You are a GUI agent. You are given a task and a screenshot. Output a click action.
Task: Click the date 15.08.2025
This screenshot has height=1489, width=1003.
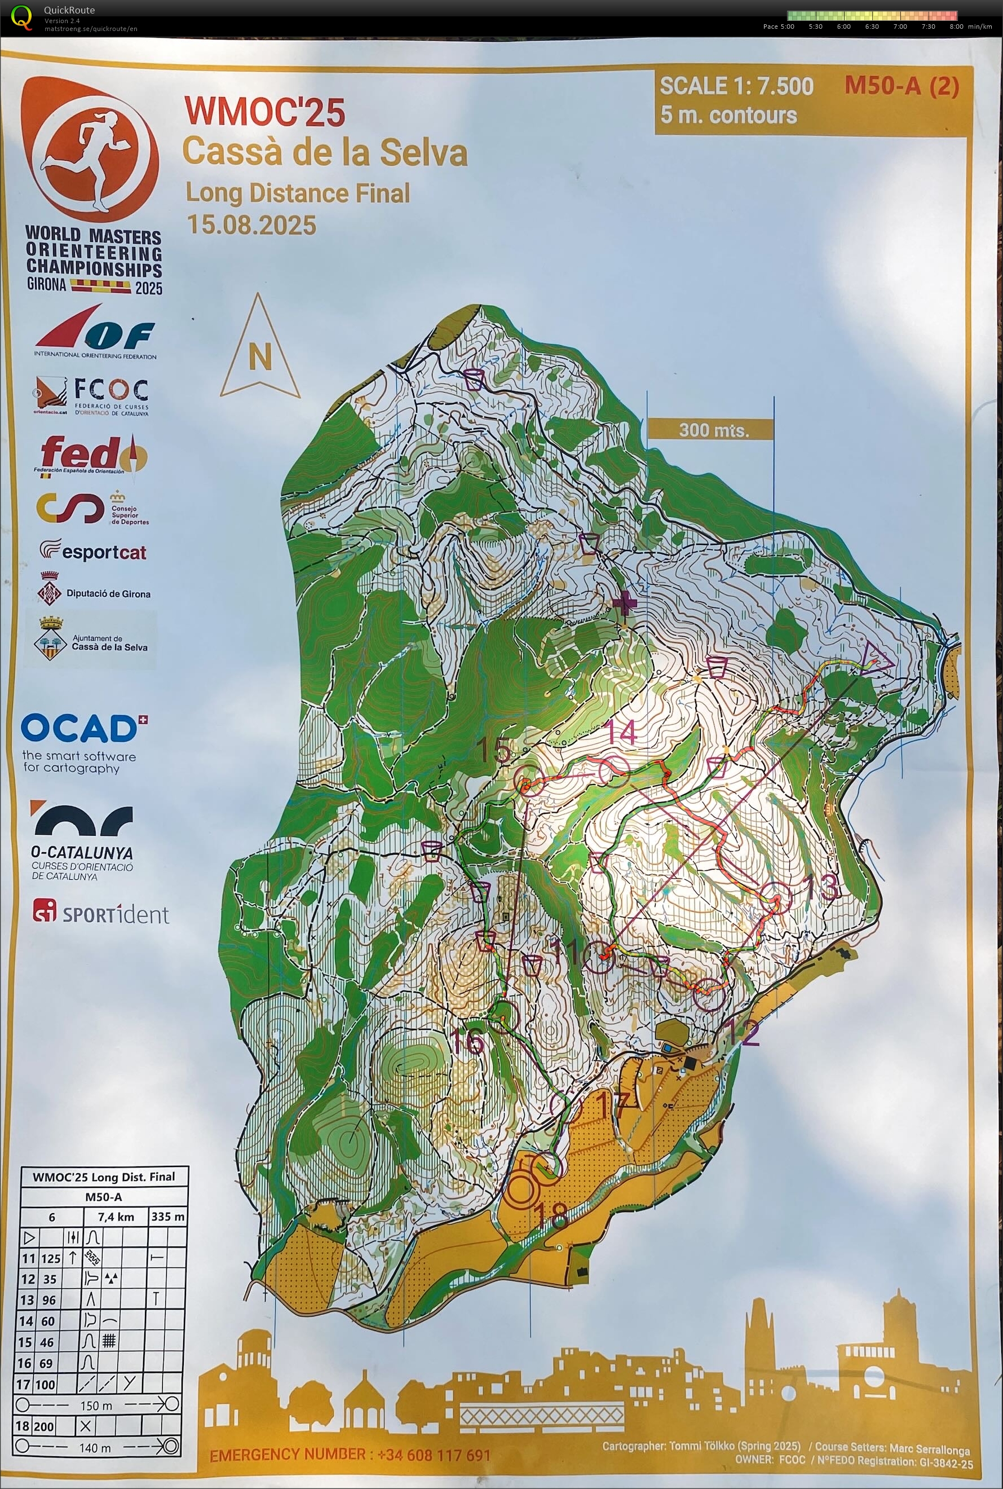251,225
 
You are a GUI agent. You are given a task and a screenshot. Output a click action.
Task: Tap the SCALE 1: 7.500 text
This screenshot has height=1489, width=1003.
736,86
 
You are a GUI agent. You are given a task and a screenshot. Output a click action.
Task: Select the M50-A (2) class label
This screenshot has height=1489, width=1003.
902,85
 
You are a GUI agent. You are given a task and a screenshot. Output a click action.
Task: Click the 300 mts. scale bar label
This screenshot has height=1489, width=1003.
713,429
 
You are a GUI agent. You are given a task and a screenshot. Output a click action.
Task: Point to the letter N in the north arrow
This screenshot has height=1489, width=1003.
260,356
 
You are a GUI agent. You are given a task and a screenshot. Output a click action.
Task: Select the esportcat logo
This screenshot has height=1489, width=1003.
94,550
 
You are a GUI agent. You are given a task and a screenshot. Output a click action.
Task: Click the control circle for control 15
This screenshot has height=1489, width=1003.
528,780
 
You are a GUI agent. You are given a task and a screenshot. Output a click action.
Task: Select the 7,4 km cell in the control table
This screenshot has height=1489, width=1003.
115,1217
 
